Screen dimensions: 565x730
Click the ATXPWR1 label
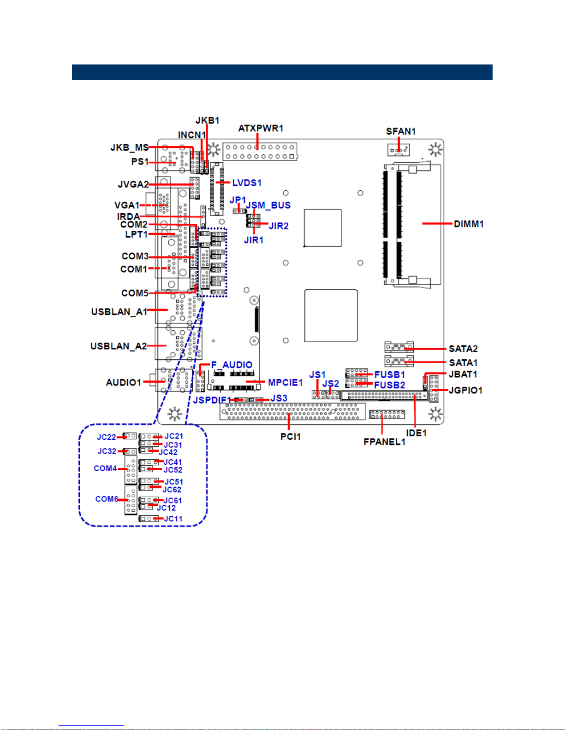coord(261,128)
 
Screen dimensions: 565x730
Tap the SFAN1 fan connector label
coord(400,131)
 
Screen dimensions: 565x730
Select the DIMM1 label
coord(469,224)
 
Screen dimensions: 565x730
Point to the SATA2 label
coord(463,349)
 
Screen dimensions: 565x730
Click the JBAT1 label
coord(463,374)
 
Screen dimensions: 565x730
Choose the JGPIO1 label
coord(465,391)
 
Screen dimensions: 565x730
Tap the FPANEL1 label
coord(384,442)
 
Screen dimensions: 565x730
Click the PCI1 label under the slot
coord(290,437)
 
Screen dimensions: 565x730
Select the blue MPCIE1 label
coord(285,383)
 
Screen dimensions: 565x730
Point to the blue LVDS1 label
coord(247,183)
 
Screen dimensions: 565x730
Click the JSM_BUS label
coord(268,205)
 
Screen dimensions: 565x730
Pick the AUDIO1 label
coord(124,383)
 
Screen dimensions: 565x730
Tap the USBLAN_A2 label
coord(119,346)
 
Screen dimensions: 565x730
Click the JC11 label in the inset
coord(173,519)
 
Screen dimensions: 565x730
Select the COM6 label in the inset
coord(107,499)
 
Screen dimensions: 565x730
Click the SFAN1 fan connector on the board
coord(398,150)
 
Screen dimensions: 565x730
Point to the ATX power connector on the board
coord(260,152)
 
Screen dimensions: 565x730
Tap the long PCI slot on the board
coord(292,412)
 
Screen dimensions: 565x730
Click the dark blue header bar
coord(282,72)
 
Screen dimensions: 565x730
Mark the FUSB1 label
coord(389,374)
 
